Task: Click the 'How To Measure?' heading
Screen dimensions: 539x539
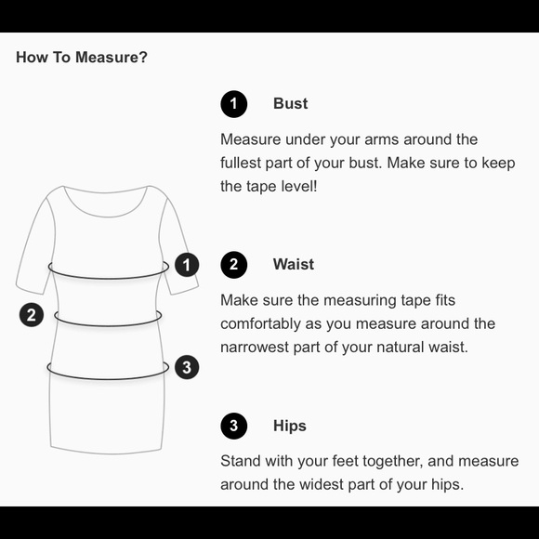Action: (x=82, y=57)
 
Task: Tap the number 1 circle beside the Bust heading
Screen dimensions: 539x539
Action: (x=234, y=104)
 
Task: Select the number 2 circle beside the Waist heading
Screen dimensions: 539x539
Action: (x=234, y=265)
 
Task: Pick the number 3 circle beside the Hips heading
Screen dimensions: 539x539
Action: (x=234, y=426)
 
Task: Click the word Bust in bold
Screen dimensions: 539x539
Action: (x=291, y=103)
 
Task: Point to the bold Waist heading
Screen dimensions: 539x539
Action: (x=294, y=264)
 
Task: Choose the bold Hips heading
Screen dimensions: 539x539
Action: (x=290, y=426)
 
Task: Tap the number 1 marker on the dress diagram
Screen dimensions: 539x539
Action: (x=187, y=265)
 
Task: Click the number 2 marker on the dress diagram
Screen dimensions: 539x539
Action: (x=32, y=315)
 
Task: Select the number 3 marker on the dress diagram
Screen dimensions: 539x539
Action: (x=187, y=367)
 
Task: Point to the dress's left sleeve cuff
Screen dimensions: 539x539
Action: (x=29, y=289)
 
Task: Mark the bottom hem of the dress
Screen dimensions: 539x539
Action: (x=107, y=451)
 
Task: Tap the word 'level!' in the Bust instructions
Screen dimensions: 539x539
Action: (x=299, y=186)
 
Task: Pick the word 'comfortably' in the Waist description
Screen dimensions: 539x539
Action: (x=260, y=324)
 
